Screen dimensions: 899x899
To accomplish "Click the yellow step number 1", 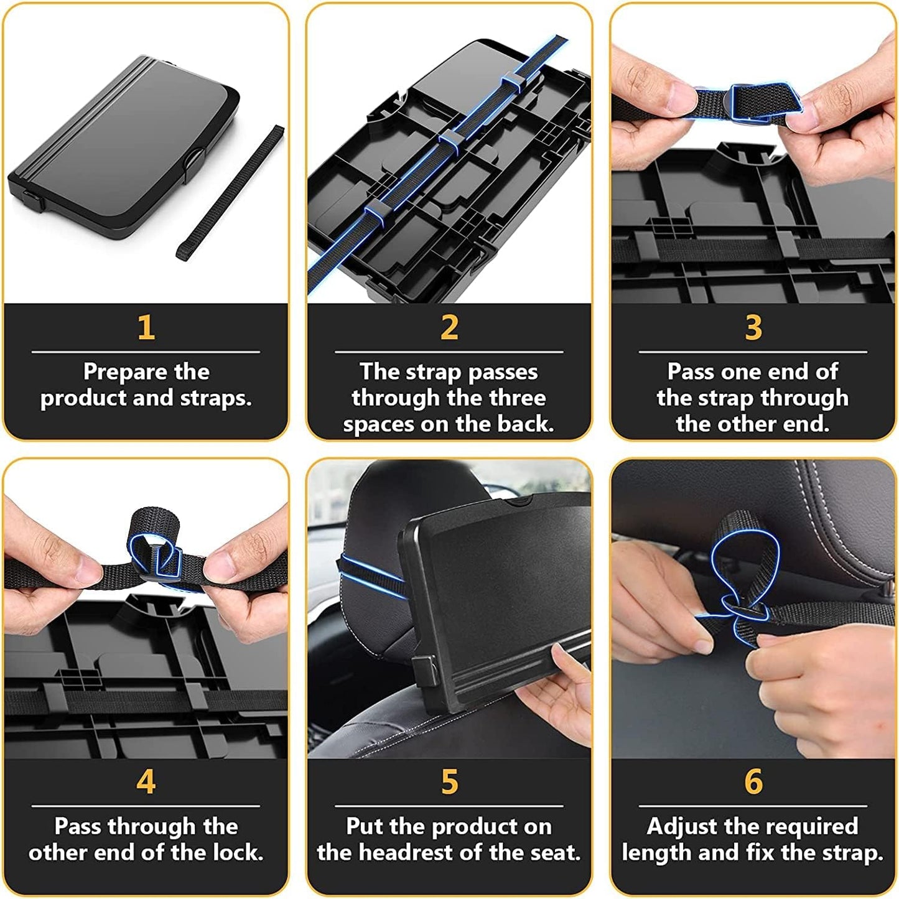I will point(146,327).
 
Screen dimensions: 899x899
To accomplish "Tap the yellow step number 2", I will point(449,327).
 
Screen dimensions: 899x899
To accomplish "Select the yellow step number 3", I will point(753,327).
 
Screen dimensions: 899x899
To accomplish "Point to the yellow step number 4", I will point(146,781).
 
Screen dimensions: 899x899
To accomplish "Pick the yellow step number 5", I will point(449,781).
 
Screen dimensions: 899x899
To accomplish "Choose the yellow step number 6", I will point(753,781).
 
